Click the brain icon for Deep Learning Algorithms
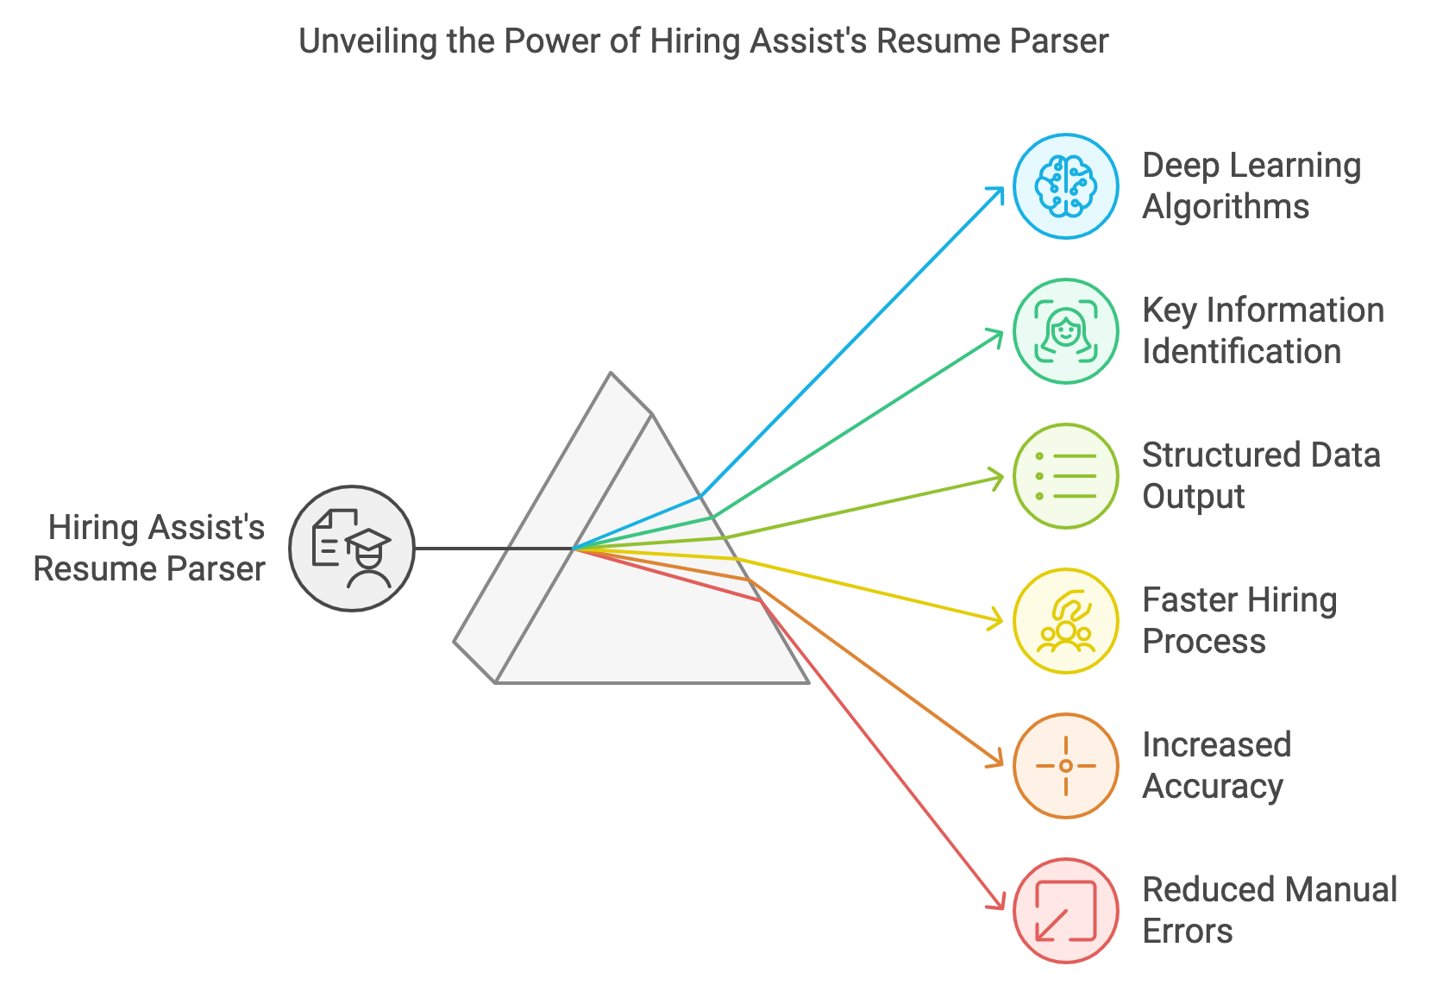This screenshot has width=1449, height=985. (1065, 186)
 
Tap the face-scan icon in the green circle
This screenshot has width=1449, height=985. (1065, 331)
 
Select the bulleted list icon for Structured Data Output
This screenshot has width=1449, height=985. (1065, 476)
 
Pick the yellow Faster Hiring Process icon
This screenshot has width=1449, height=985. (1065, 621)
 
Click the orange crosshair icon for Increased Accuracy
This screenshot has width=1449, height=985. (1065, 766)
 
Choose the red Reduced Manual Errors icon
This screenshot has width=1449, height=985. (1065, 911)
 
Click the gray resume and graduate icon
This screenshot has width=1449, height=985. (351, 549)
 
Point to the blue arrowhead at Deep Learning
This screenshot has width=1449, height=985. (996, 194)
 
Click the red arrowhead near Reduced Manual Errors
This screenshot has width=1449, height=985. (997, 902)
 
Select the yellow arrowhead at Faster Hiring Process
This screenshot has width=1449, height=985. (995, 619)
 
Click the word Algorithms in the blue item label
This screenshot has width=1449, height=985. (1226, 208)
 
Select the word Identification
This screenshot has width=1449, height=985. (1241, 352)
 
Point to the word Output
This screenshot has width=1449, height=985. (1194, 498)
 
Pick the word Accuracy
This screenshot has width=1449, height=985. (1213, 787)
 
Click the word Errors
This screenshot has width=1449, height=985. (1188, 932)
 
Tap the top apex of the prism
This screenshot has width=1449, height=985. (611, 373)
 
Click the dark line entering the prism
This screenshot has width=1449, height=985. (494, 549)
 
